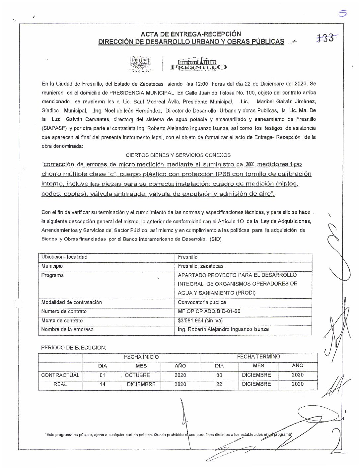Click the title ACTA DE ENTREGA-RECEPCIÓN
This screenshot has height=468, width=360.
click(191, 34)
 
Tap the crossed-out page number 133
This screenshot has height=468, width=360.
click(324, 38)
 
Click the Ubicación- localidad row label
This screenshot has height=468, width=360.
click(64, 257)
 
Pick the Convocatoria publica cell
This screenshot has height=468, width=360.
click(202, 302)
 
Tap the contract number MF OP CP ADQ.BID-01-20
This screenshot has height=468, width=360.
click(209, 311)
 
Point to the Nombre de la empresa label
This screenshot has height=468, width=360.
click(67, 330)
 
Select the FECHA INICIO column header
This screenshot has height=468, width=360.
click(141, 357)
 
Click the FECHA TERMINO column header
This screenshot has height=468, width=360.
click(258, 357)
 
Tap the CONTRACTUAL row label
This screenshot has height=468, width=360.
click(60, 375)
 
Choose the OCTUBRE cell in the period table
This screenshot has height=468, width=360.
click(137, 375)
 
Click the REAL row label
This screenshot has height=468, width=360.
click(60, 384)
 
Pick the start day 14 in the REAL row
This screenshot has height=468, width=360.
click(102, 385)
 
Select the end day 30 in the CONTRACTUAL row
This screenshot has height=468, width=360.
click(219, 375)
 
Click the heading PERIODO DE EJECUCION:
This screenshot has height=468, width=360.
click(73, 348)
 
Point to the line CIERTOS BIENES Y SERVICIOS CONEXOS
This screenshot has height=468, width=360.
click(179, 155)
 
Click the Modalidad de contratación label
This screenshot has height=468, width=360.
click(71, 302)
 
